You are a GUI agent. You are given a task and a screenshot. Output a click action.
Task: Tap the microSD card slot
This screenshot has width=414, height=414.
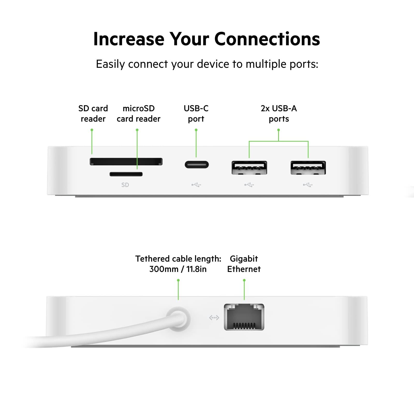click(126, 174)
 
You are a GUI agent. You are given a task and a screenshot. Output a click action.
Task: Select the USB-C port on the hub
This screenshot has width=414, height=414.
click(197, 165)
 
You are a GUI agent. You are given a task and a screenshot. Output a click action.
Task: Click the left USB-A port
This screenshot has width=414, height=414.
click(249, 167)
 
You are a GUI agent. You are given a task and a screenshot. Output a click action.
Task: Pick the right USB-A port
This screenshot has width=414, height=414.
click(308, 167)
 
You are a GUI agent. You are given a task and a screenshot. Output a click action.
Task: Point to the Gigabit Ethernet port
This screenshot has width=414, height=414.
click(244, 317)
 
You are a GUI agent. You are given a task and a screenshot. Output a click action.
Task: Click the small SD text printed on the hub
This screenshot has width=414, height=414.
click(125, 185)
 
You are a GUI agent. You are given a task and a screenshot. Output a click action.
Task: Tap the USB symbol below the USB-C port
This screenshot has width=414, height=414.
click(196, 185)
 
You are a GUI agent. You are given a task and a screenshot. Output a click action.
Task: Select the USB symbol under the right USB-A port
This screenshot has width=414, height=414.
click(308, 185)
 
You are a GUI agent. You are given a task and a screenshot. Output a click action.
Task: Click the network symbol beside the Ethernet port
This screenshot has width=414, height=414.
click(214, 317)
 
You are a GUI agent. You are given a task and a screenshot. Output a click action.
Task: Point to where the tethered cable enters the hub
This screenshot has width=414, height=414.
click(179, 319)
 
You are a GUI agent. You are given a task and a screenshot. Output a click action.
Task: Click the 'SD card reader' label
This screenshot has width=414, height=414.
click(93, 114)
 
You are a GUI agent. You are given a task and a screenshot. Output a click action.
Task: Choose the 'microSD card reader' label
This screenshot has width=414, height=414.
click(138, 114)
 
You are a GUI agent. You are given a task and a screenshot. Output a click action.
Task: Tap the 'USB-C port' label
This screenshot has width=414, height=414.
click(196, 114)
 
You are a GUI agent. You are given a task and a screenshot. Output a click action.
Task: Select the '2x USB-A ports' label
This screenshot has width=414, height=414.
click(279, 114)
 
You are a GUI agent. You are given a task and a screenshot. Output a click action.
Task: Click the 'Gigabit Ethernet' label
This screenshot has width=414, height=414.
click(244, 264)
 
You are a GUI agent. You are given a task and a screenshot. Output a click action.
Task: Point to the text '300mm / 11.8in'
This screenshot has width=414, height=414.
click(178, 269)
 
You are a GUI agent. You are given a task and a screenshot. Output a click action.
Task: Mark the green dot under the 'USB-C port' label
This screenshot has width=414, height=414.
click(196, 130)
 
